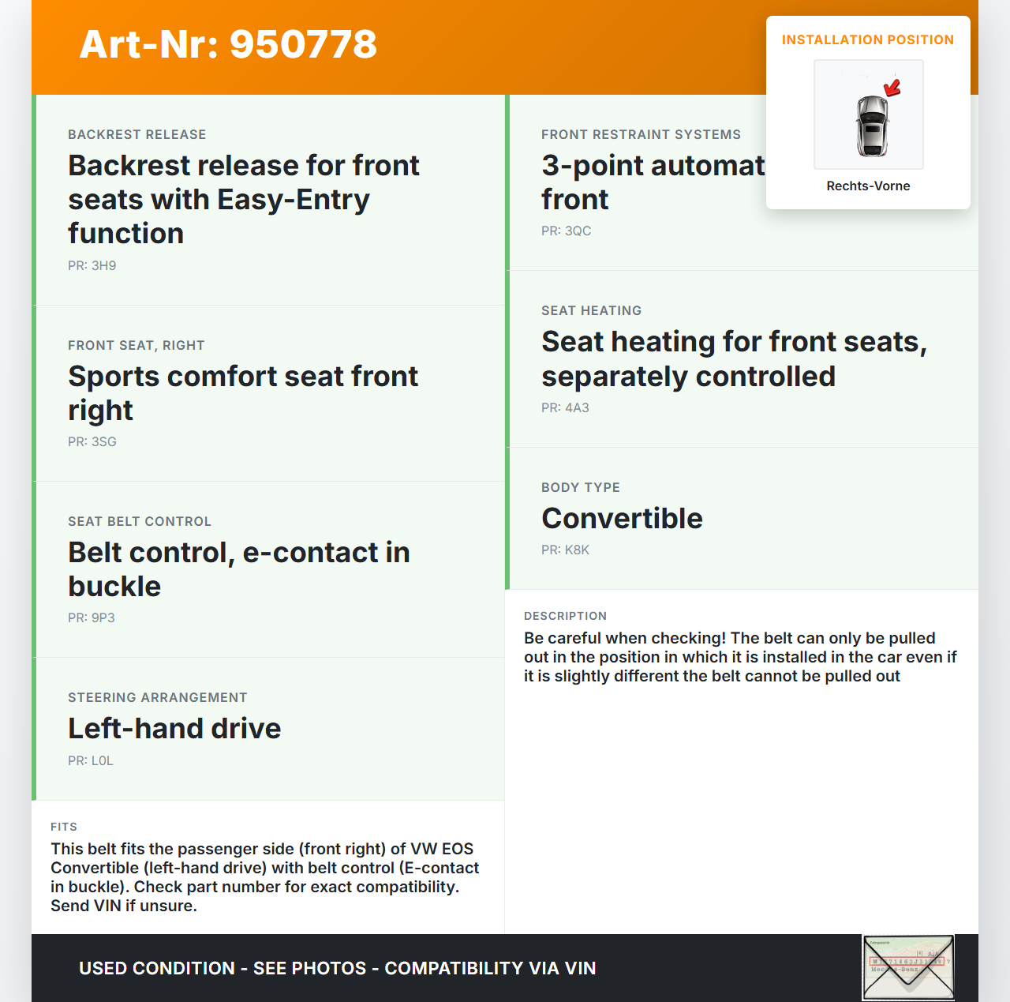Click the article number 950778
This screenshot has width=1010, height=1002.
[x=303, y=44]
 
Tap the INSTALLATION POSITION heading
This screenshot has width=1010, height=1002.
[x=868, y=40]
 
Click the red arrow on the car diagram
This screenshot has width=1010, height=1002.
[x=892, y=87]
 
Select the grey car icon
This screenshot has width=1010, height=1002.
[x=872, y=126]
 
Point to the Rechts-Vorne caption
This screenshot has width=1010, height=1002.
[x=868, y=186]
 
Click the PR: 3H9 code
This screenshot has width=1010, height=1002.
[x=92, y=266]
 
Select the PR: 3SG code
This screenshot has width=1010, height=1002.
[x=92, y=442]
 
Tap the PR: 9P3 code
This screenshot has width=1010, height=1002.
[x=92, y=618]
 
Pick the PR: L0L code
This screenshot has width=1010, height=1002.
[x=91, y=761]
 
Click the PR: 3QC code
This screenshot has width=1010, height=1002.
[x=566, y=231]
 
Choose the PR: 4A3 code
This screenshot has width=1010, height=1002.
[x=565, y=408]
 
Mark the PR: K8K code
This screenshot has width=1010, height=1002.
[x=565, y=550]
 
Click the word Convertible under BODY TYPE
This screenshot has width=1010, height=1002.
[x=622, y=519]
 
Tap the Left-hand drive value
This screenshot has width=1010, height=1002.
[x=174, y=729]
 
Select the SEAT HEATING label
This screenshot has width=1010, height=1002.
[x=591, y=311]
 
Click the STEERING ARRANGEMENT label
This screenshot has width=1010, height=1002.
[x=158, y=698]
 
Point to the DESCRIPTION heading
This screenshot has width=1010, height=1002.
[x=565, y=616]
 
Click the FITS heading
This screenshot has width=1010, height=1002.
[x=64, y=827]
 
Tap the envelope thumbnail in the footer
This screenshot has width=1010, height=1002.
[x=908, y=967]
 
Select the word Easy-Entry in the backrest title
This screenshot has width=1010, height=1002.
[x=294, y=200]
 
